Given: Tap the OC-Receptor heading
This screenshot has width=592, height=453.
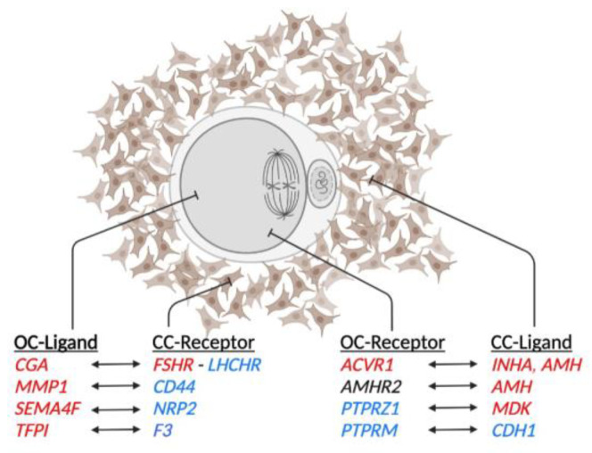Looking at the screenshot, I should (x=394, y=342).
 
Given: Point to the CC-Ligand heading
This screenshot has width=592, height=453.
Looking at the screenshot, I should (x=533, y=342).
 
